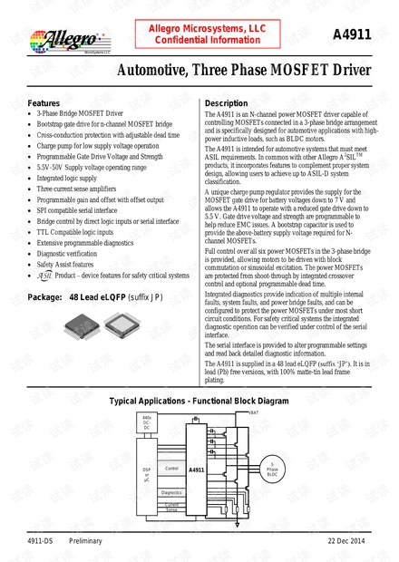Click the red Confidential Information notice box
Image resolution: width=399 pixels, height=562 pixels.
point(200,34)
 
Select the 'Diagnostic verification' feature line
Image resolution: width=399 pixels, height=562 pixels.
point(69,254)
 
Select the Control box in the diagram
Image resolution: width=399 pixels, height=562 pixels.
point(171,469)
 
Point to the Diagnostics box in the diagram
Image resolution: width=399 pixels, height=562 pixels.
point(171,492)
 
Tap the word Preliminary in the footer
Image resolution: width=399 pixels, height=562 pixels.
point(86,541)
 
